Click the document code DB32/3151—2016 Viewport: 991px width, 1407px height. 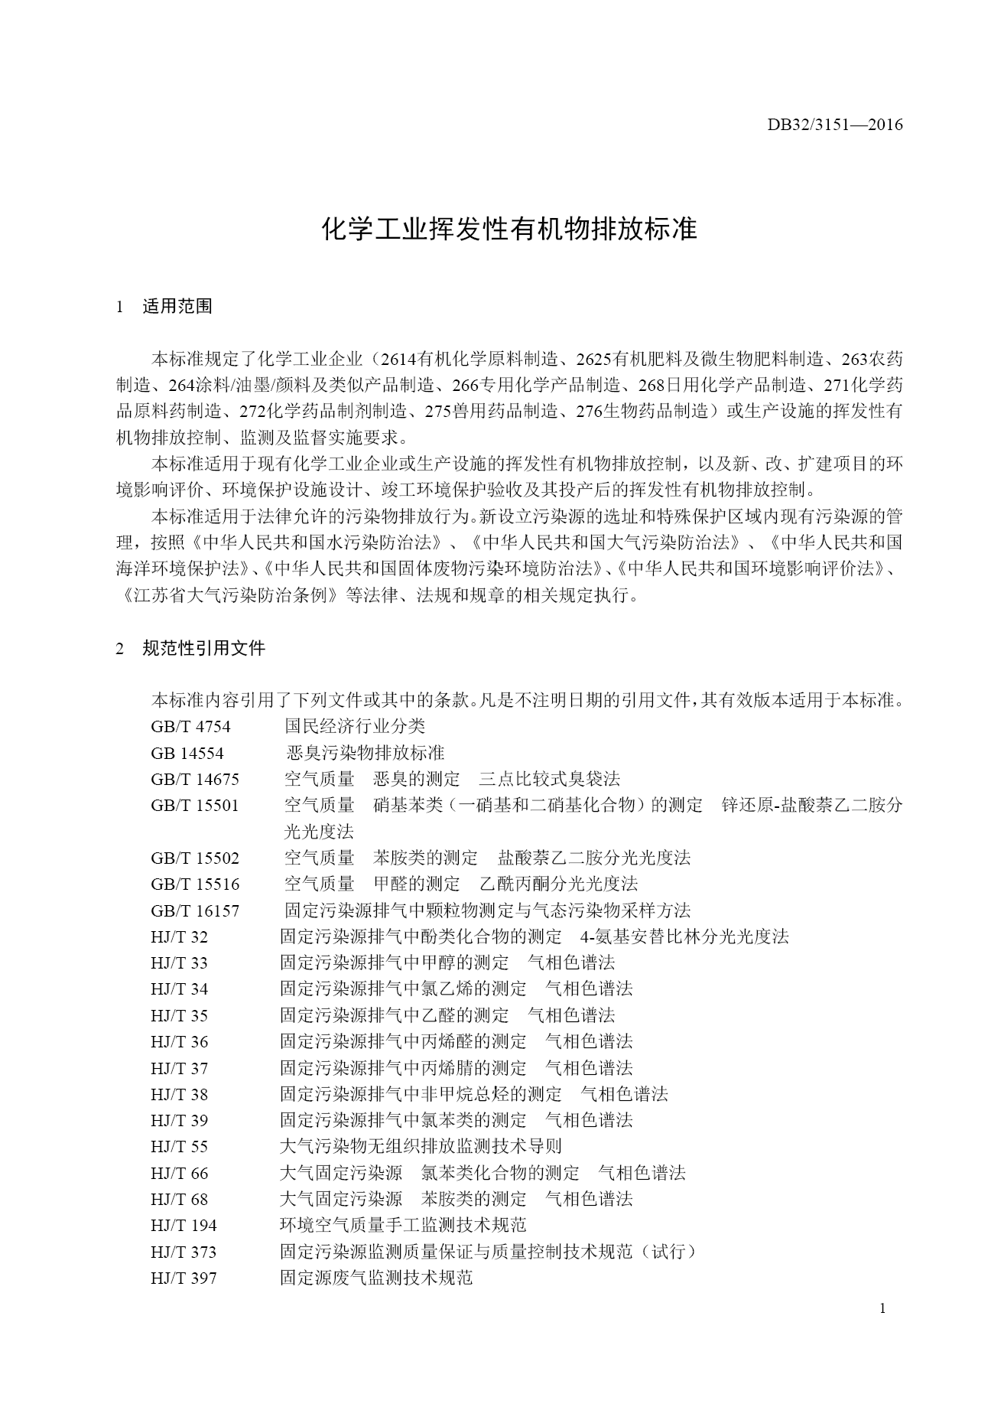point(835,125)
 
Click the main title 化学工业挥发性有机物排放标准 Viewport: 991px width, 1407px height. point(509,229)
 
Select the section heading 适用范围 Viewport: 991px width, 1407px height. point(177,307)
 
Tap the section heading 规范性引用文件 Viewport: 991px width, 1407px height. point(203,649)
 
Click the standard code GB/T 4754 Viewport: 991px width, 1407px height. point(190,726)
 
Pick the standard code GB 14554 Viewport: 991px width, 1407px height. point(187,753)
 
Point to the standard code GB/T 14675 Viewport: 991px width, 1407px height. point(195,780)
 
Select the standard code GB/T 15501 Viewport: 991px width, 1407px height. point(195,806)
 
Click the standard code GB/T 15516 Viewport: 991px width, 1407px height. point(195,884)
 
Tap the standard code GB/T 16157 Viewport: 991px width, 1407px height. point(195,910)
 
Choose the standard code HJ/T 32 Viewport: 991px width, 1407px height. point(179,937)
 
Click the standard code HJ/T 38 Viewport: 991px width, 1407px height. point(179,1095)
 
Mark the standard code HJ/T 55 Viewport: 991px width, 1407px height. point(179,1147)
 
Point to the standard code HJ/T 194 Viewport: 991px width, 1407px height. point(184,1226)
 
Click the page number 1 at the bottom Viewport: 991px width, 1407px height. point(882,1308)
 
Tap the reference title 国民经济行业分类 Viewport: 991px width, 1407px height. point(355,726)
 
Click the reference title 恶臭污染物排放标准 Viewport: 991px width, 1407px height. point(365,753)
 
